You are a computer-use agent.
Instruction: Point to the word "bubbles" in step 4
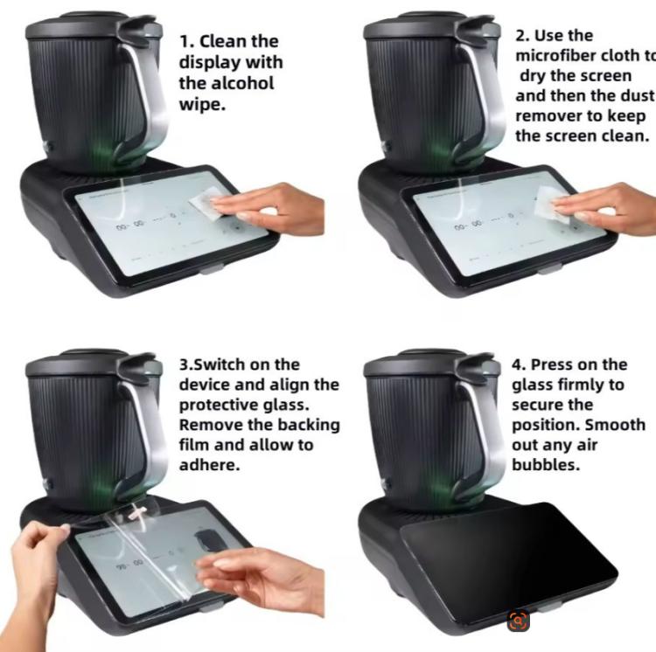546,465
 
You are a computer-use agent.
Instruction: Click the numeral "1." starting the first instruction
186,41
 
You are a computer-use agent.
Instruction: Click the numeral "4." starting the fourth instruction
520,364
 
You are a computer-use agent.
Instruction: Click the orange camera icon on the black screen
519,621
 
